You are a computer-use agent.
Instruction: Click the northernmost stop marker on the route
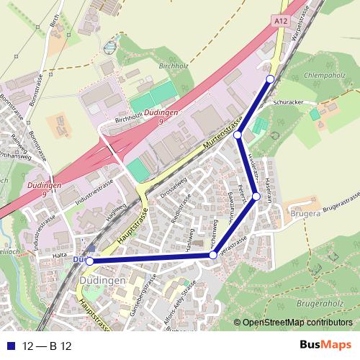(x=270, y=78)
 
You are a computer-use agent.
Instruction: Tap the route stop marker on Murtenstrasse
(x=237, y=134)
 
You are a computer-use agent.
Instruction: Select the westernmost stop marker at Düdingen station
(x=89, y=261)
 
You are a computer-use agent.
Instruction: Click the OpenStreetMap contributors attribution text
(x=297, y=323)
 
